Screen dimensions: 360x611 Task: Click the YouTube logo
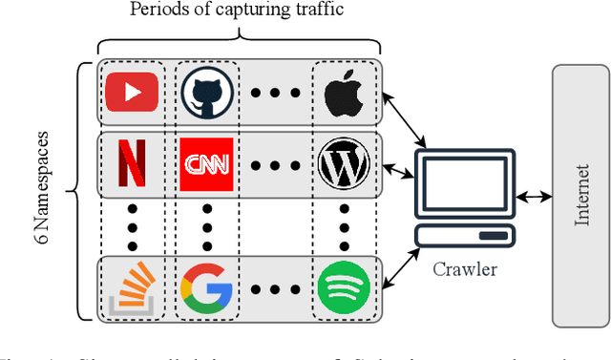(x=132, y=93)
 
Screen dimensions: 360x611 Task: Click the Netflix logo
(x=131, y=163)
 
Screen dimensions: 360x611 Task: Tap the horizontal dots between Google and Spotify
(x=274, y=287)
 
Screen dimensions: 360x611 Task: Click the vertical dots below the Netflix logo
(x=131, y=225)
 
